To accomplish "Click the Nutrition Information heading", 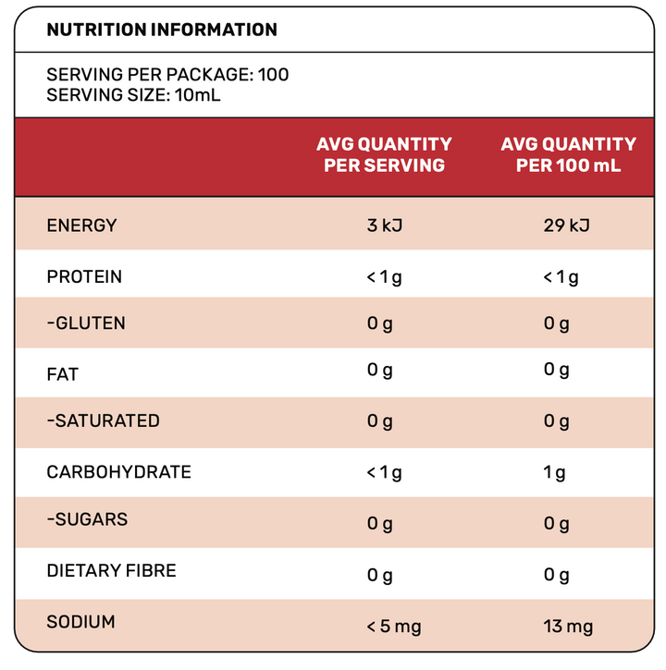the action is (x=162, y=30).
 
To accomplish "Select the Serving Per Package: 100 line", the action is (x=167, y=75).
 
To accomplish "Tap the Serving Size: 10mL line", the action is (x=133, y=95).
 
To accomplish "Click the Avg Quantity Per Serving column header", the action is (x=384, y=154).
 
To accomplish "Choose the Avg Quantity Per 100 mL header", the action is (x=569, y=154).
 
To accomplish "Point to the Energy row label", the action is (x=81, y=225).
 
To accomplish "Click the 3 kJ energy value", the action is (x=385, y=225).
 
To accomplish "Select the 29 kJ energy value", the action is (x=566, y=225).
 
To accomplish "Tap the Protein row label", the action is (x=84, y=277).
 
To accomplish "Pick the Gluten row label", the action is (x=86, y=323).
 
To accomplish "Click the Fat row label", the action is (x=63, y=375).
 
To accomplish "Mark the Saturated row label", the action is (x=103, y=420).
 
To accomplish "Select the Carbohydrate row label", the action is (x=119, y=472).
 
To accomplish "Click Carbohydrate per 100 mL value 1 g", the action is (x=554, y=473).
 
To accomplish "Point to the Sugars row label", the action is (x=87, y=519).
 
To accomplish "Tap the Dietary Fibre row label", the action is (x=111, y=571).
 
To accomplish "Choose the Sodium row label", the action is (x=80, y=622).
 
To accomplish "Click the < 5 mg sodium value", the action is (x=394, y=627).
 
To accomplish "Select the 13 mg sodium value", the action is (x=568, y=627).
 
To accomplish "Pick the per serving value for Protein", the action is (x=384, y=278).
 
